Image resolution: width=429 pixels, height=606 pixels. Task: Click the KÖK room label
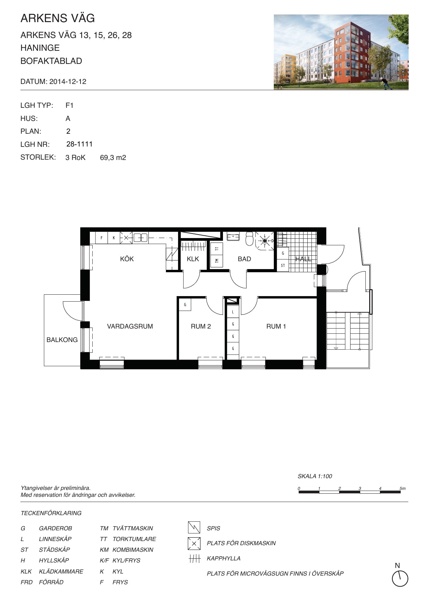coord(127,259)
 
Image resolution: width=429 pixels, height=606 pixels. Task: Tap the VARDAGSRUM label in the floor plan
coord(130,326)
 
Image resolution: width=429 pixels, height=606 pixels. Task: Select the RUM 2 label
coord(201,326)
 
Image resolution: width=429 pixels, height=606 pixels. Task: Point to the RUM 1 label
coord(276,326)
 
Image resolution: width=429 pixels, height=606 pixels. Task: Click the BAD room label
coord(244,259)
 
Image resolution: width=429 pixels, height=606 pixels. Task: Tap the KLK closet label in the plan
coord(193,259)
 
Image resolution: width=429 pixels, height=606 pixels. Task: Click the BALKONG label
coord(62,340)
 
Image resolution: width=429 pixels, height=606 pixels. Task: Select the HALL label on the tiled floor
coord(303,259)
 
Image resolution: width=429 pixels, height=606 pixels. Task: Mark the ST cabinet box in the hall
coord(283,266)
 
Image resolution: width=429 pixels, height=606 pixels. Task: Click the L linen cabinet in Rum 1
coord(233,312)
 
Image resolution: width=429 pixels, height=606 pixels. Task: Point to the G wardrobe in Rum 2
coord(185,305)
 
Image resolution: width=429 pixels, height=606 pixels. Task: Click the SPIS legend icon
coord(194,528)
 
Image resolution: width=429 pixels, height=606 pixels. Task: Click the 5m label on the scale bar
coord(402,489)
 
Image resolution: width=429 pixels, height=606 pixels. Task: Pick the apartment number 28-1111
coord(80,144)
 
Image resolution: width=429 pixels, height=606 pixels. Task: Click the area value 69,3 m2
coord(113,158)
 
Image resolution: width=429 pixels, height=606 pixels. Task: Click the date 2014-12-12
coord(68,82)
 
